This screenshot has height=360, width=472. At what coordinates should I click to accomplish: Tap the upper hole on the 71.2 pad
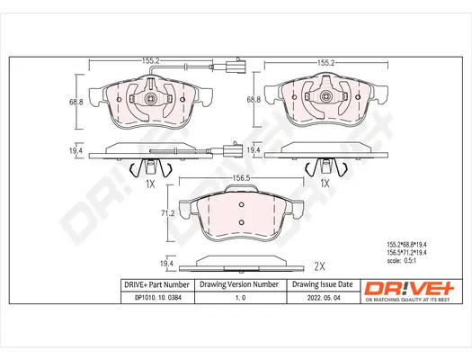pyautogui.click(x=241, y=205)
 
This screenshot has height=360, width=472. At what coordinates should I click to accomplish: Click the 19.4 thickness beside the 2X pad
pyautogui.click(x=165, y=262)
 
